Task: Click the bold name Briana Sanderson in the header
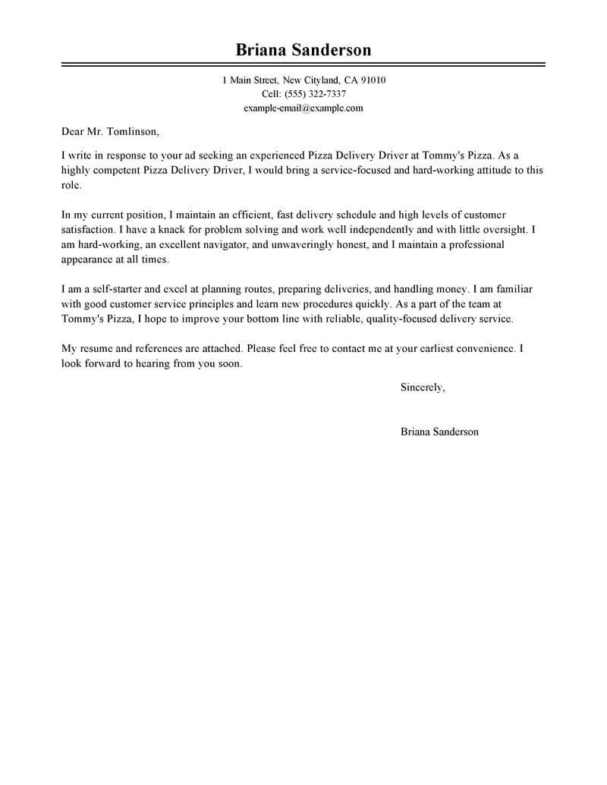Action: pos(303,50)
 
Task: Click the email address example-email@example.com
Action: pos(303,108)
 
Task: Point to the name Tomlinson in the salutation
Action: pos(134,131)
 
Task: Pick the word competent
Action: pos(117,170)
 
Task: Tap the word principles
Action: pos(214,303)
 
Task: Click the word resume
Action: pos(93,349)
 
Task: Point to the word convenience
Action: pos(480,349)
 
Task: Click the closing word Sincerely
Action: pos(423,388)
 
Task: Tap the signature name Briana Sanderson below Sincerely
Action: pos(439,432)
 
